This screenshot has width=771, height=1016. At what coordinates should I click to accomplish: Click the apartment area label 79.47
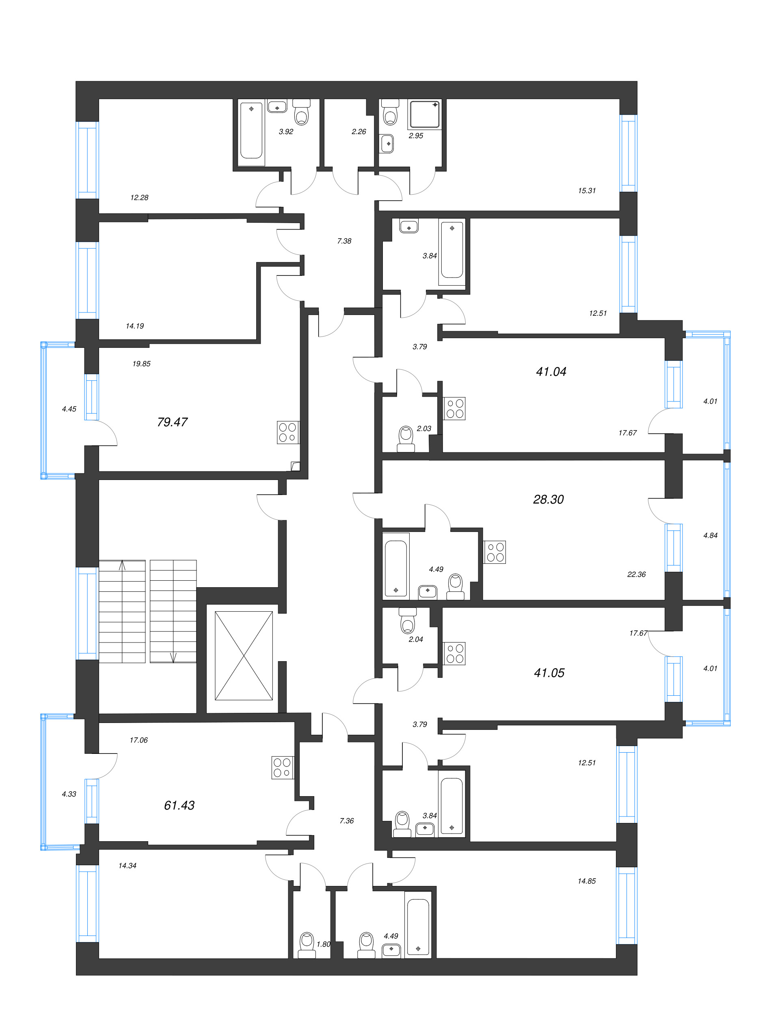click(172, 422)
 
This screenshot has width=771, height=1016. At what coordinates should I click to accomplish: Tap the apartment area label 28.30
click(548, 499)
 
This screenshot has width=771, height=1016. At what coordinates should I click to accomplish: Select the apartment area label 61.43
click(179, 805)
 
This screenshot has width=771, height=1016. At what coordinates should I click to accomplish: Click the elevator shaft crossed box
click(244, 656)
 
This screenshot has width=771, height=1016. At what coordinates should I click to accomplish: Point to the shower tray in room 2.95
click(425, 114)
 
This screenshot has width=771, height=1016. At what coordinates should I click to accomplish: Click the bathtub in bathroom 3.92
click(251, 130)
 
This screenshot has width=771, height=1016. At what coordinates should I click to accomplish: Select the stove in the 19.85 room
click(288, 432)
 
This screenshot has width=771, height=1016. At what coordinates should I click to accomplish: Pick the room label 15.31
click(587, 191)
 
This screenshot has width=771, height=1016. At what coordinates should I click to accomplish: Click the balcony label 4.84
click(710, 535)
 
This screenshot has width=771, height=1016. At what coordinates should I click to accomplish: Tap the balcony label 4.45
click(69, 409)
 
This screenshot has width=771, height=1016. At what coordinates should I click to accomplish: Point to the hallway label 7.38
click(344, 241)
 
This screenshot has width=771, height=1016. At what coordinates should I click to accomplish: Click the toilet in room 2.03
click(406, 439)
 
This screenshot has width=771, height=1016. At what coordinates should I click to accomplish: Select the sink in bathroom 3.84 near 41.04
click(409, 226)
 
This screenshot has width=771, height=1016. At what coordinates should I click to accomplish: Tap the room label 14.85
click(587, 881)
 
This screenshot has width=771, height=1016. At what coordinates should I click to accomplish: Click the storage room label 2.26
click(359, 132)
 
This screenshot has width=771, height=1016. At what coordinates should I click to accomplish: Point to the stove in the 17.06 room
click(282, 768)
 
